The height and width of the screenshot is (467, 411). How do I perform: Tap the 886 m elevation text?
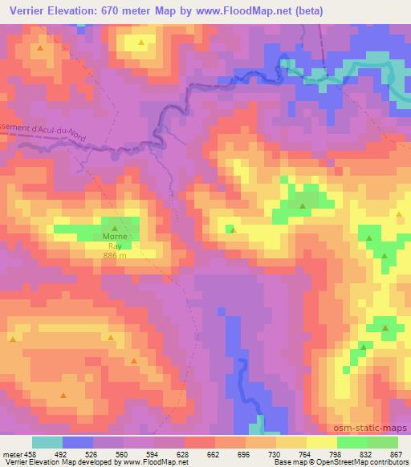tap(115, 254)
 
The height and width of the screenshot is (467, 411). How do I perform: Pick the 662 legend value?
tap(214, 453)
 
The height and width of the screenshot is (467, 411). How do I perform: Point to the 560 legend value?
tap(122, 453)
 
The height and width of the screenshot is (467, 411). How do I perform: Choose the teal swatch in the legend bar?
tap(47, 442)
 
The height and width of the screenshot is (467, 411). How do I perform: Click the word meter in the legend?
tap(12, 453)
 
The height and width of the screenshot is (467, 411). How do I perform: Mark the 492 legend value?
tap(62, 453)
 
